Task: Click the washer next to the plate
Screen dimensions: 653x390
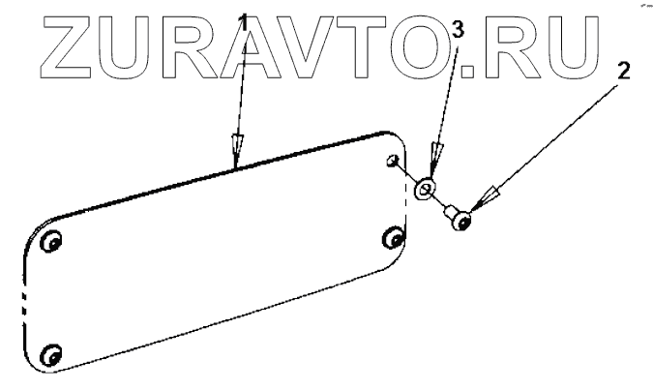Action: [x=425, y=188]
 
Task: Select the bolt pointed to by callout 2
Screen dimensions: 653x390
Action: [x=460, y=219]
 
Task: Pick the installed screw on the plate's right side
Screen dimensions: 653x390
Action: [x=393, y=238]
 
